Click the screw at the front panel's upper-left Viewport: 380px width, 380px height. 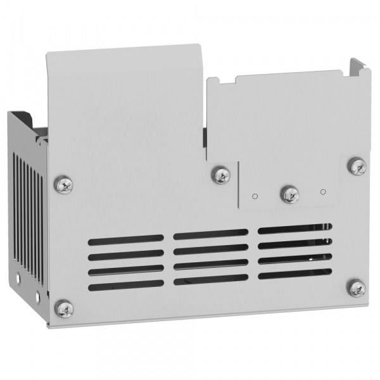pyautogui.click(x=64, y=184)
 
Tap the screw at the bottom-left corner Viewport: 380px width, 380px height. pyautogui.click(x=64, y=308)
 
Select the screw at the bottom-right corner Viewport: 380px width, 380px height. pyautogui.click(x=357, y=288)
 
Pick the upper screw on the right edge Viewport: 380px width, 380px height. pyautogui.click(x=357, y=167)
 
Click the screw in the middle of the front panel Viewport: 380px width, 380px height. pyautogui.click(x=221, y=175)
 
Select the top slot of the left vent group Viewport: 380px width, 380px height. pyautogui.click(x=126, y=240)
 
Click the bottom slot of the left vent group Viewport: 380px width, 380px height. pyautogui.click(x=126, y=286)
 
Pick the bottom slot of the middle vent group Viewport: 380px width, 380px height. pyautogui.click(x=211, y=279)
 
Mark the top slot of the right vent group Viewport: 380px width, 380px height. pyautogui.click(x=294, y=228)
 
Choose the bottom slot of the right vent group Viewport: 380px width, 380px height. pyautogui.click(x=294, y=274)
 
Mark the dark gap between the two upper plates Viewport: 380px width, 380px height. pyautogui.click(x=206, y=136)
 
